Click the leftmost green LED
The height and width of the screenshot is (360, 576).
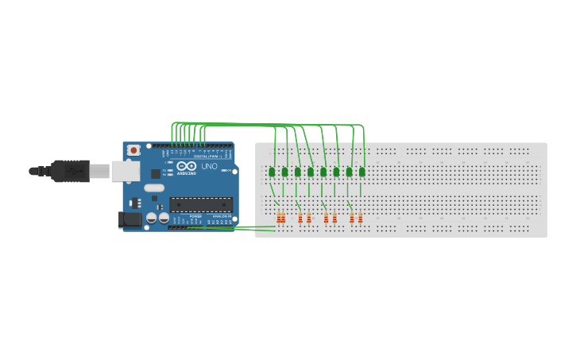coord(272,172)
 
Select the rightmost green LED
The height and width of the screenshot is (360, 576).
coord(361,172)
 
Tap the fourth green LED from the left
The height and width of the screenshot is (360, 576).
coord(311,172)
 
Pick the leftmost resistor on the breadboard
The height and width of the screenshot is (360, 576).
coord(279,218)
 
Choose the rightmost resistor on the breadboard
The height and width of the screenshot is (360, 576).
coord(360,218)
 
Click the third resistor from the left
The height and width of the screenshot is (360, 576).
coord(300,218)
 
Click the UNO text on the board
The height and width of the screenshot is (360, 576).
coord(209,167)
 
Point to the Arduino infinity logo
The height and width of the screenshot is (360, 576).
coord(187,165)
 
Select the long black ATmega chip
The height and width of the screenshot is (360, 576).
coord(201,204)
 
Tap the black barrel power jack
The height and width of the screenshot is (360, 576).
coord(130,219)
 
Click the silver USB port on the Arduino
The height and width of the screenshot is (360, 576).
coord(125,170)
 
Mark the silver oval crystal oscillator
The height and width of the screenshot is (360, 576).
coord(153,188)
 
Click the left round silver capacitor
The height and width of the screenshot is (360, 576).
coord(152,217)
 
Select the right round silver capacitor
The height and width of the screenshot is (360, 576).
coord(164,217)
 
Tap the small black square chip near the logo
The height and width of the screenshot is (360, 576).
coord(156,173)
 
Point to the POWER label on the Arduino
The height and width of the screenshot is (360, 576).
coord(195,215)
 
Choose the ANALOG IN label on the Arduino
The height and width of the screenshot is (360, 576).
coord(221,215)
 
